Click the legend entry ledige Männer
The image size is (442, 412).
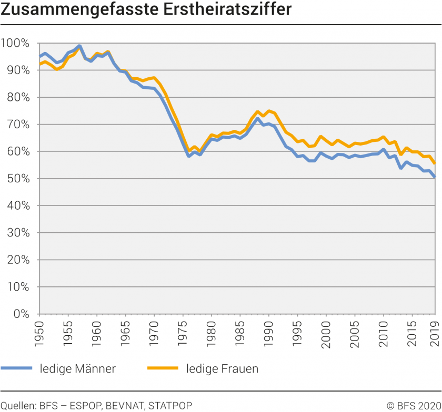[77, 368]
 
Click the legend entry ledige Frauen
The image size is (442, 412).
[223, 368]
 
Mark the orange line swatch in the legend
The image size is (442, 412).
[163, 368]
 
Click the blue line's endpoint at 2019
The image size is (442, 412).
[435, 177]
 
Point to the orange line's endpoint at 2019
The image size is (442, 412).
[435, 163]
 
